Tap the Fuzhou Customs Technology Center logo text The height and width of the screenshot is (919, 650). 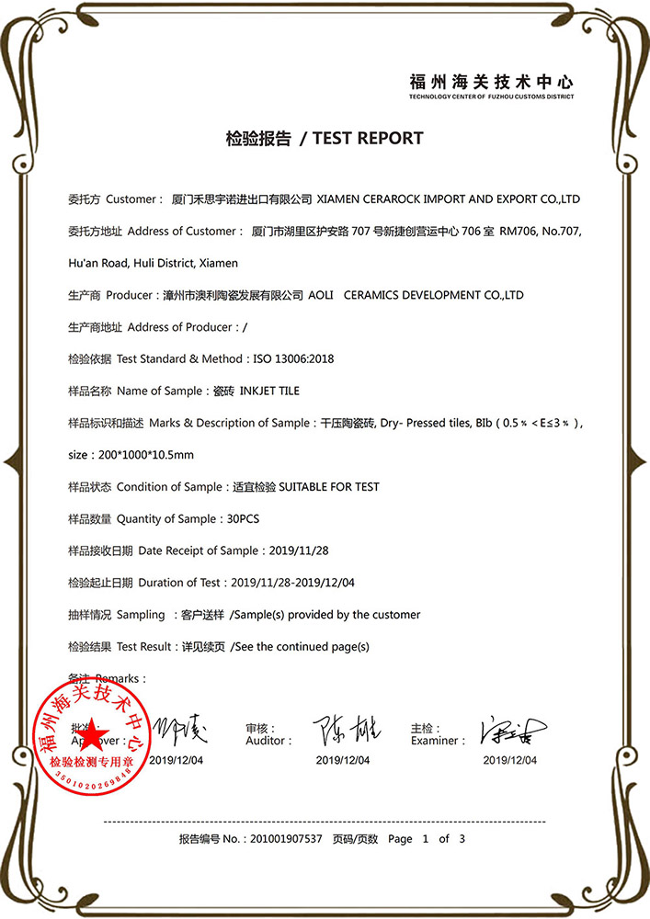(x=492, y=83)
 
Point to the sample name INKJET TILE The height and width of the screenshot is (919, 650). (x=269, y=391)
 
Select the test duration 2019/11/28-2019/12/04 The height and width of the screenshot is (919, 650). (x=292, y=582)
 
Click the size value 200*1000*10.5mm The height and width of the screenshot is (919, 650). (x=144, y=454)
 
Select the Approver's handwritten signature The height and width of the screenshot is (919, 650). (x=180, y=731)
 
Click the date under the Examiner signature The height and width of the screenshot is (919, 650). (x=510, y=760)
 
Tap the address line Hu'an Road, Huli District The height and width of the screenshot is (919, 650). (x=154, y=263)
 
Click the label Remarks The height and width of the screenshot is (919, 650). (x=118, y=678)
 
